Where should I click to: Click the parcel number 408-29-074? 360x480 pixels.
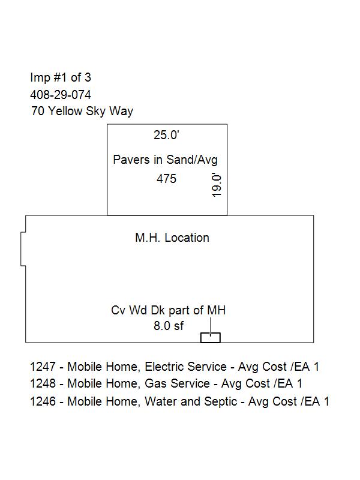(61, 95)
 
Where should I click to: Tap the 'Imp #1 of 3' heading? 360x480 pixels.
(61, 77)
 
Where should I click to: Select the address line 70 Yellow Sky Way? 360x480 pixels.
(82, 111)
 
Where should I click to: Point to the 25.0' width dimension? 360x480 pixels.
(166, 134)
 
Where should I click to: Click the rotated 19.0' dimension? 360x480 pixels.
(217, 185)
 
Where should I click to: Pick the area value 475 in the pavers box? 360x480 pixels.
(167, 179)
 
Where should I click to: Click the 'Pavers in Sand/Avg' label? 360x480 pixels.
(166, 160)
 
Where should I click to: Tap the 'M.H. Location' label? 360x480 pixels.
(172, 238)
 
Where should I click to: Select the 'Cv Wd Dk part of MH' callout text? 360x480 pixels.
(169, 310)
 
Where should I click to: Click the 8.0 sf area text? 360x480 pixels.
(169, 326)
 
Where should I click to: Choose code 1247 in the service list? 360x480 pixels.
(43, 367)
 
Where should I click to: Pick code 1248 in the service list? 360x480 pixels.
(43, 383)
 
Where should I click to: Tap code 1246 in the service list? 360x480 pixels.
(43, 401)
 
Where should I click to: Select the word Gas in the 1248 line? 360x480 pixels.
(155, 383)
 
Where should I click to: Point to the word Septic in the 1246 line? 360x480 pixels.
(220, 402)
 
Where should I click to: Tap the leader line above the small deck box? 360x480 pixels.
(211, 327)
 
